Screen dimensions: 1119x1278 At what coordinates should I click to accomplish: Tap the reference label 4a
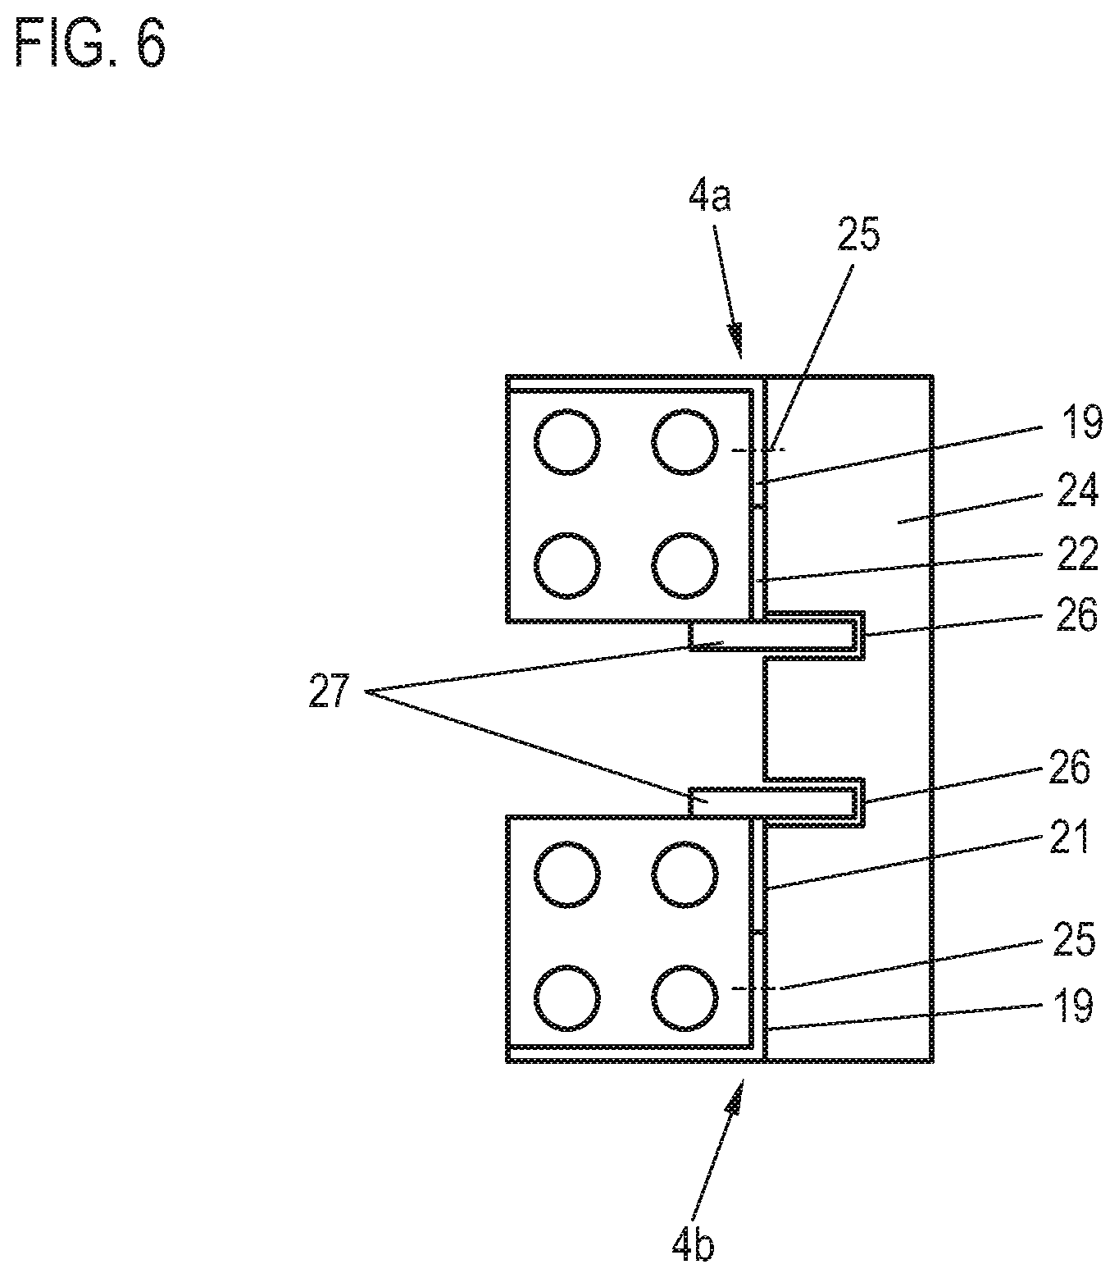[x=709, y=198]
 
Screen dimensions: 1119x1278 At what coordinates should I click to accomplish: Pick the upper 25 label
[x=857, y=235]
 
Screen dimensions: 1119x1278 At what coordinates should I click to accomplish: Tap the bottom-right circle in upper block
[x=686, y=565]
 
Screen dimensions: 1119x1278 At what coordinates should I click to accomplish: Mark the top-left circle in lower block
[x=566, y=877]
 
